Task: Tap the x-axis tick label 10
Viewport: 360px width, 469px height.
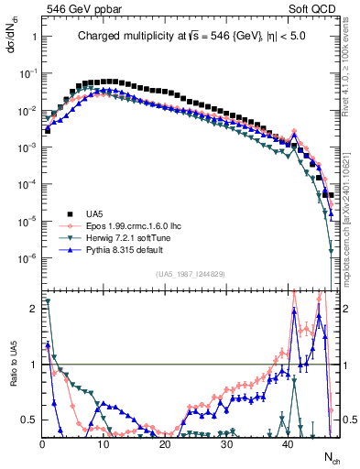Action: pos(104,442)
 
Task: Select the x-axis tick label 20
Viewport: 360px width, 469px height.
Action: pos(165,442)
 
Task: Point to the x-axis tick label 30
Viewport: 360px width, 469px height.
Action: pos(226,442)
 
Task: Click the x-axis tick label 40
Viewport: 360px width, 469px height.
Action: pos(288,442)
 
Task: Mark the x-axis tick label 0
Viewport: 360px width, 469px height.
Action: pos(42,442)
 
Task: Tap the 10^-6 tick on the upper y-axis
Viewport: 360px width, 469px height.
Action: pos(26,257)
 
